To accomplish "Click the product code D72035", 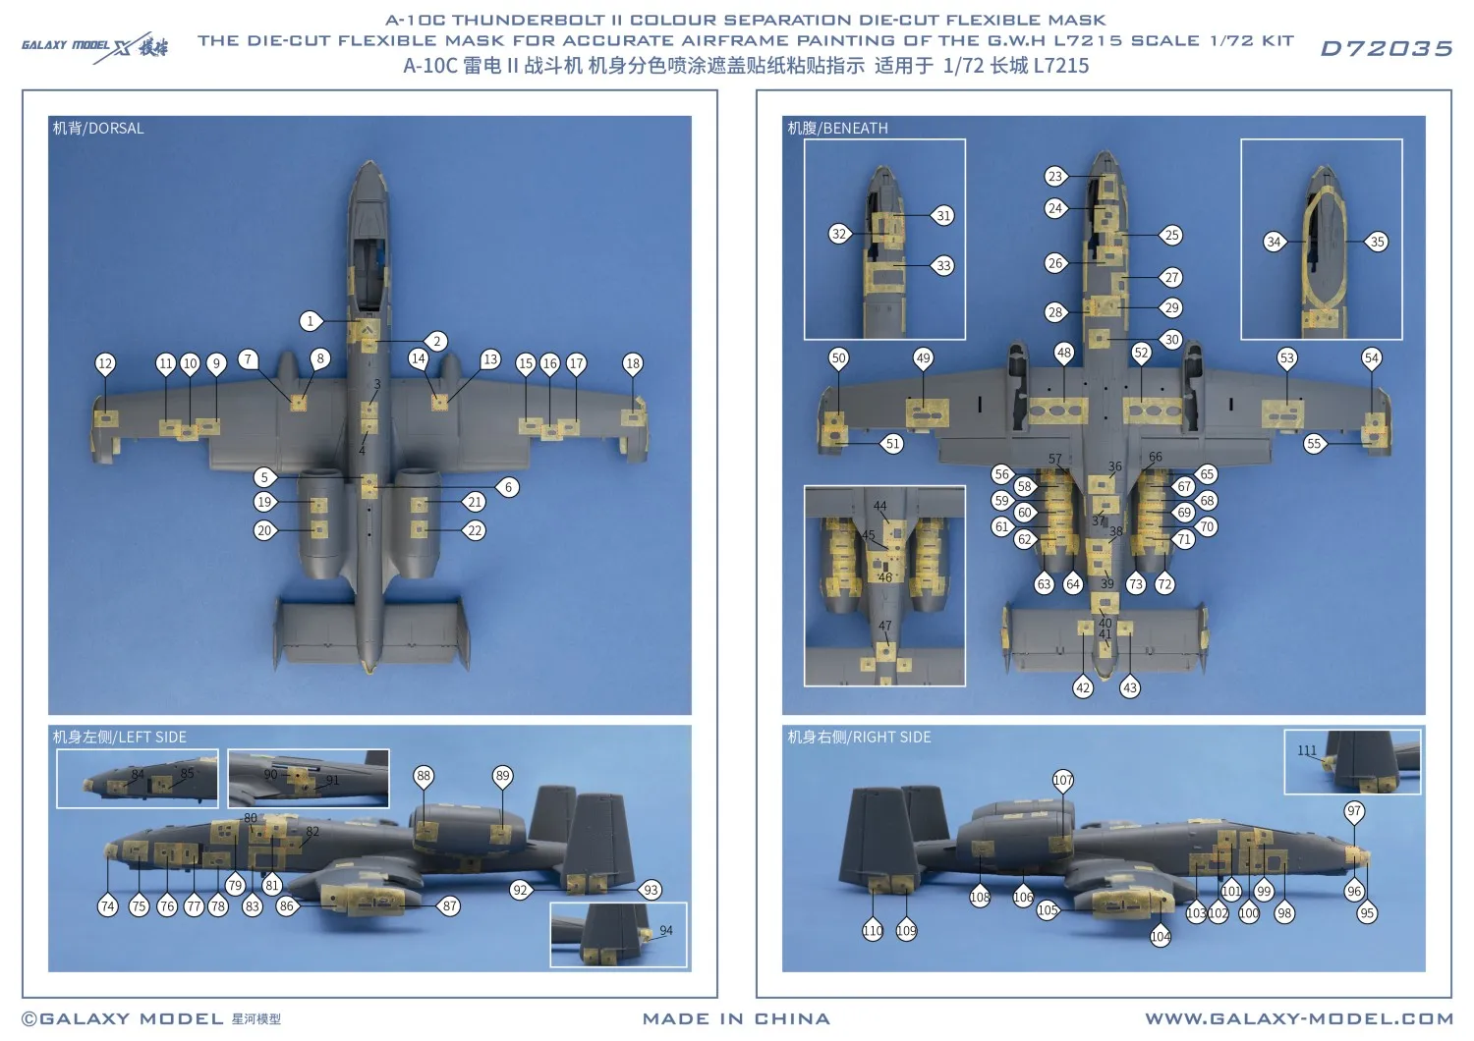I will (1386, 49).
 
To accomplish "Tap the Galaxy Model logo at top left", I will (94, 46).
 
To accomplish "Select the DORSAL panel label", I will (98, 129).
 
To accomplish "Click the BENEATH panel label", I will (837, 129).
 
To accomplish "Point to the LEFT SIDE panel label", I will (119, 738).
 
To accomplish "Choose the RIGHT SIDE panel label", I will (859, 738).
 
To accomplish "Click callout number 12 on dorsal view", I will (105, 363).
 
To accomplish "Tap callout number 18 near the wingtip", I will (633, 363).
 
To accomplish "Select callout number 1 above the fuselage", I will (311, 321).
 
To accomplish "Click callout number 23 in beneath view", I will (1055, 177).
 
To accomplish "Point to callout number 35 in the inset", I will (1378, 242).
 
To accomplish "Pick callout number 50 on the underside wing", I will (838, 358).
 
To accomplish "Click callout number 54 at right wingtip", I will (1372, 358).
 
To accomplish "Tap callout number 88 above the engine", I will (424, 776).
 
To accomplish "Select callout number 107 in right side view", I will (1063, 780).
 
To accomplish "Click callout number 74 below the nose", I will (108, 906).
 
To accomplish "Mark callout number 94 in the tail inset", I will (666, 930).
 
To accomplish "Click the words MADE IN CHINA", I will (736, 1019).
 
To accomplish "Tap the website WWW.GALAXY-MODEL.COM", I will (1298, 1019).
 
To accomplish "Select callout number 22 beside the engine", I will (475, 530).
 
